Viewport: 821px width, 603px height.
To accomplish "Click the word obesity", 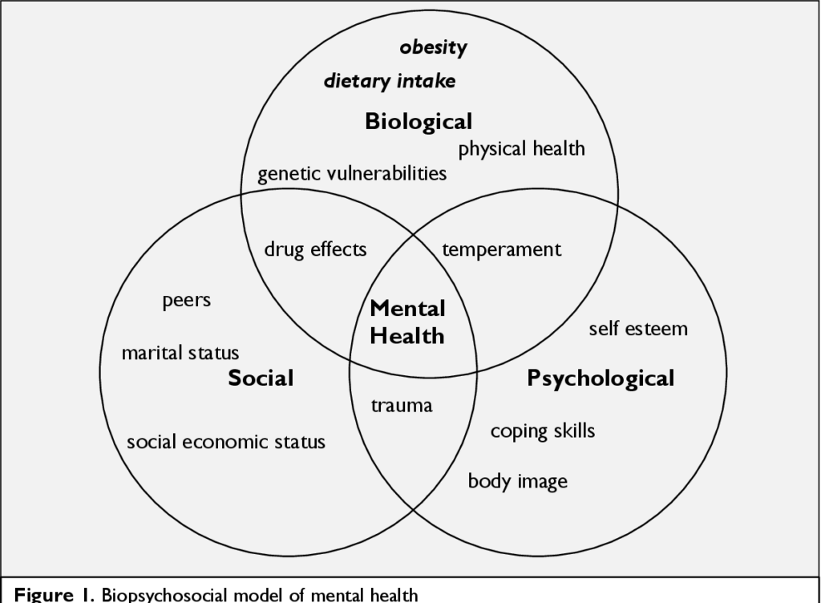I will click(x=433, y=47).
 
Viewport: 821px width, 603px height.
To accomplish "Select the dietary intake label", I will click(x=390, y=81).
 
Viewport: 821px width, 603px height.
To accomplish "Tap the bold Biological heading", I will click(x=419, y=122).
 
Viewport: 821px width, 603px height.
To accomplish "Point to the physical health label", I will click(x=521, y=148).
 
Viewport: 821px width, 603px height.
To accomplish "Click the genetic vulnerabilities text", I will click(x=352, y=174).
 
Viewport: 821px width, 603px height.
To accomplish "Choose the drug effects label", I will click(x=315, y=249).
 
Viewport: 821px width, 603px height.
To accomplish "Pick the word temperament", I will click(x=502, y=249).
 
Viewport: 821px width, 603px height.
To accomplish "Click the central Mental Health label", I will click(x=407, y=322).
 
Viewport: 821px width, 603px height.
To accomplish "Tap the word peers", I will click(x=186, y=301).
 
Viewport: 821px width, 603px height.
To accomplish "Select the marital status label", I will click(x=180, y=353).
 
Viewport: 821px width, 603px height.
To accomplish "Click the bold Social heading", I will click(x=261, y=378).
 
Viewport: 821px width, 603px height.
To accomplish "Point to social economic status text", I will click(x=226, y=441).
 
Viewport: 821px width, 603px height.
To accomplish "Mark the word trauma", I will click(x=402, y=406).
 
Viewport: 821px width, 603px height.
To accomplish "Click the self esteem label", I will click(x=638, y=329).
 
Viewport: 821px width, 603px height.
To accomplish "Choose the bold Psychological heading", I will click(x=601, y=378).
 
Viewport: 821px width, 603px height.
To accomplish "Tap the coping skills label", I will click(x=543, y=431).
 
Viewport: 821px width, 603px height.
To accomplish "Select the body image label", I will click(x=518, y=481).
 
